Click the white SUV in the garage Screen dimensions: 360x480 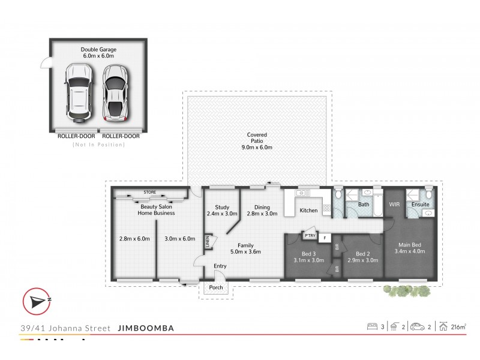78,92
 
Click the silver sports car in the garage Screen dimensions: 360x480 115,92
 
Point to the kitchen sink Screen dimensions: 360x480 302,193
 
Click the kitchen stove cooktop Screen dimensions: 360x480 327,209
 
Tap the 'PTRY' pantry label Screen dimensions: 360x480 309,236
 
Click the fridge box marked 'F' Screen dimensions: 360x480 325,238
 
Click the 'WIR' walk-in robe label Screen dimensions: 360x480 394,205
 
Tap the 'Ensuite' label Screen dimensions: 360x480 419,205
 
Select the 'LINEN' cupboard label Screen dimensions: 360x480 208,240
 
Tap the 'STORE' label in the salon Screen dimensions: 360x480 149,193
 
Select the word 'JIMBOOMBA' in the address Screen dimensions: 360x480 146,328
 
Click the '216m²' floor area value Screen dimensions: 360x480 459,327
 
